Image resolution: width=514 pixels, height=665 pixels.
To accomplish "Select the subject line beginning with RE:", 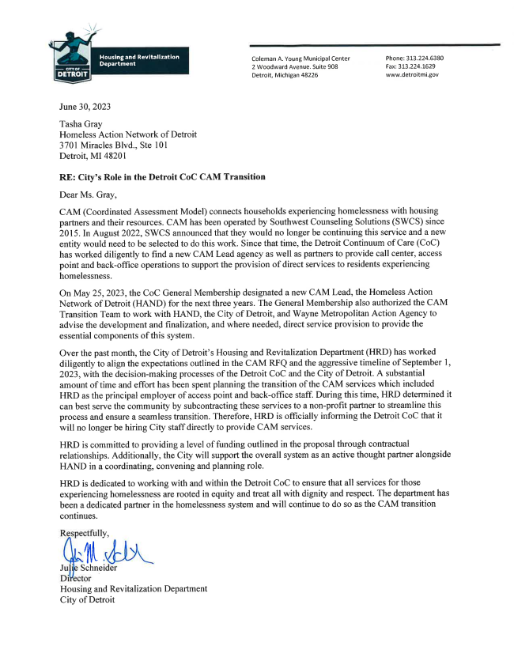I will coord(163,176).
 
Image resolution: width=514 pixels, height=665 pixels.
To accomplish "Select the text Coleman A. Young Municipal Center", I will coord(300,59).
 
